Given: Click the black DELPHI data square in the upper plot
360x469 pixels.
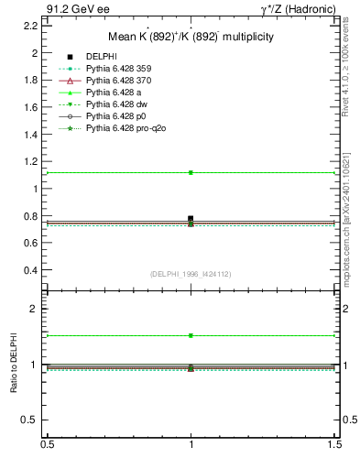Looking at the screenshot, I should coord(191,219).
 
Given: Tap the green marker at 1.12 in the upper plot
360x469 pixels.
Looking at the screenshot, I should coord(191,172).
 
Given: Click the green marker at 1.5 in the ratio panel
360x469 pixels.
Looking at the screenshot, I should coord(191,335).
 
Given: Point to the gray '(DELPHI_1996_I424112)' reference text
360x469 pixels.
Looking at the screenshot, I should coord(191,274).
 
